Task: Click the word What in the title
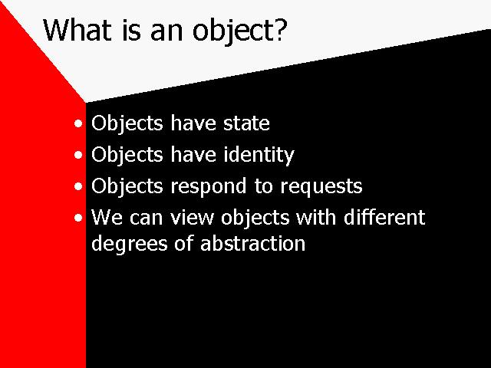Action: (77, 30)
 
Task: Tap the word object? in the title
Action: (239, 32)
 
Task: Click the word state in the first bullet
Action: (246, 123)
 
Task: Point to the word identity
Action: (259, 155)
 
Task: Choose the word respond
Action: (209, 187)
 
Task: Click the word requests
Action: (321, 187)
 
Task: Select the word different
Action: (384, 217)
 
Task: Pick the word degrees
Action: (130, 244)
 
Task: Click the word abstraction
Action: (252, 243)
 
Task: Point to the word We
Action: (107, 217)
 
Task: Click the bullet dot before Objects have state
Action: (78, 123)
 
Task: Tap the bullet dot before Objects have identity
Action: (78, 155)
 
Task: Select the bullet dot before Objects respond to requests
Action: (78, 186)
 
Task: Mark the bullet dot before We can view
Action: (78, 218)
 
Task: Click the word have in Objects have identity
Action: (193, 154)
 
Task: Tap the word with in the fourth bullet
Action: (316, 217)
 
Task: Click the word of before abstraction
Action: (183, 243)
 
